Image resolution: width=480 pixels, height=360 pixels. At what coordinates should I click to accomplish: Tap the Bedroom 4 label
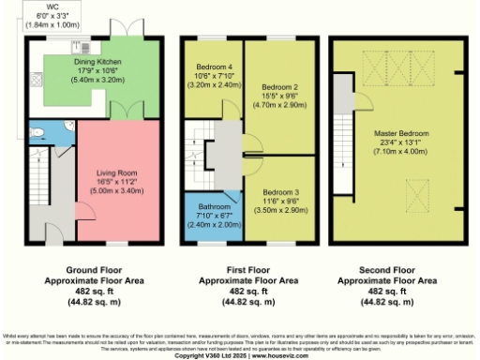tap(212, 67)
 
